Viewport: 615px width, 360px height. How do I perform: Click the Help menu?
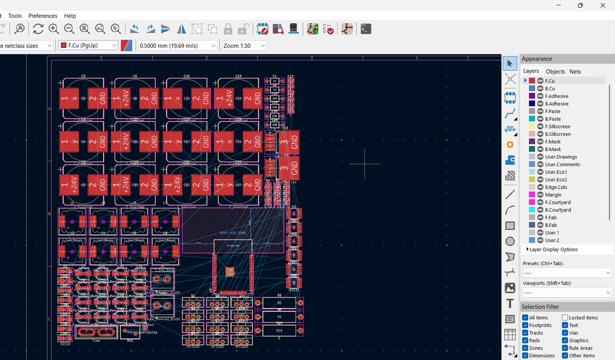tap(70, 16)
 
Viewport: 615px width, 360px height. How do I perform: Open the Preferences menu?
tap(43, 16)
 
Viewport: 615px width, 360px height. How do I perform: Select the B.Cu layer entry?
tap(549, 89)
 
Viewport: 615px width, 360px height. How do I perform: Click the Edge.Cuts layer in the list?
tap(556, 187)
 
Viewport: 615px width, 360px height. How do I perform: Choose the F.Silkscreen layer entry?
tap(557, 127)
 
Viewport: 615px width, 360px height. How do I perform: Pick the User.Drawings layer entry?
tap(561, 157)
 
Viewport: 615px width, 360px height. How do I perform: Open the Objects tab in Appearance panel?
tap(555, 72)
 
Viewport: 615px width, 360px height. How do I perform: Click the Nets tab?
tap(575, 72)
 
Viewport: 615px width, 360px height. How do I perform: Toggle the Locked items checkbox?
tap(565, 318)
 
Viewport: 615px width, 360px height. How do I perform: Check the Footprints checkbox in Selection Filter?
tap(525, 326)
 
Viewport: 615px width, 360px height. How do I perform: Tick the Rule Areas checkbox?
tap(565, 348)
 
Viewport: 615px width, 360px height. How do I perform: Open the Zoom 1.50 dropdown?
tap(244, 46)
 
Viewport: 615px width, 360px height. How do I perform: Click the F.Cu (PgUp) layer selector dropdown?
tap(88, 46)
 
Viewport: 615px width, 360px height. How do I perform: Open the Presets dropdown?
tap(567, 273)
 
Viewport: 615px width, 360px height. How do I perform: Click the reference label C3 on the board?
tap(83, 76)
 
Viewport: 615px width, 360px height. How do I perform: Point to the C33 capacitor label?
tap(238, 76)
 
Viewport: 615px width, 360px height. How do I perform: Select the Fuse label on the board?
tap(96, 341)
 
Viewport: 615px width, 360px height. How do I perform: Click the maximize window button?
tap(580, 5)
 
